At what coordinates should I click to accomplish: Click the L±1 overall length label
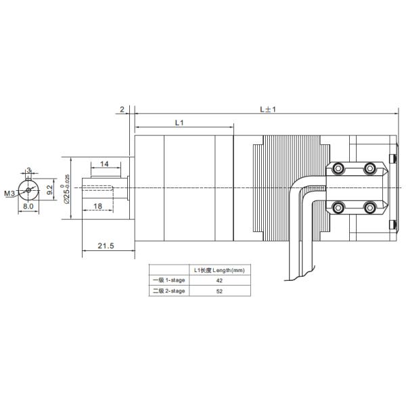pyautogui.click(x=269, y=110)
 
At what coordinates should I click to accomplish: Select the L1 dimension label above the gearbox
pyautogui.click(x=179, y=123)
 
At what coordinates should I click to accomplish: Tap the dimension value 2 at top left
pyautogui.click(x=122, y=109)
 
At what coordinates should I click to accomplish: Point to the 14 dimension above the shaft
pyautogui.click(x=106, y=164)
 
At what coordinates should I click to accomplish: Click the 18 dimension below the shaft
pyautogui.click(x=97, y=206)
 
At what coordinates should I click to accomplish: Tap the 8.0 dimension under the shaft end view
pyautogui.click(x=28, y=206)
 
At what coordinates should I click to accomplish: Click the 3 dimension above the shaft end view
pyautogui.click(x=28, y=170)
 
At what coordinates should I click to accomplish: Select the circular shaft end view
pyautogui.click(x=29, y=189)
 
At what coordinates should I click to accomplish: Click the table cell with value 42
pyautogui.click(x=219, y=280)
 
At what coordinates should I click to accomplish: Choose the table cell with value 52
pyautogui.click(x=219, y=291)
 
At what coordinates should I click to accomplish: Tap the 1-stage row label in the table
pyautogui.click(x=168, y=280)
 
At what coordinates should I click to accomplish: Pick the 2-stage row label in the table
pyautogui.click(x=168, y=291)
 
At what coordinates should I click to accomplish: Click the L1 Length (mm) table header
pyautogui.click(x=219, y=270)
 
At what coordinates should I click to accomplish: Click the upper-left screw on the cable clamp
pyautogui.click(x=338, y=168)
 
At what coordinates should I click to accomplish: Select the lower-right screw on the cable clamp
pyautogui.click(x=369, y=206)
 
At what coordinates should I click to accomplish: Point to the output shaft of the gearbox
pyautogui.click(x=105, y=187)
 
